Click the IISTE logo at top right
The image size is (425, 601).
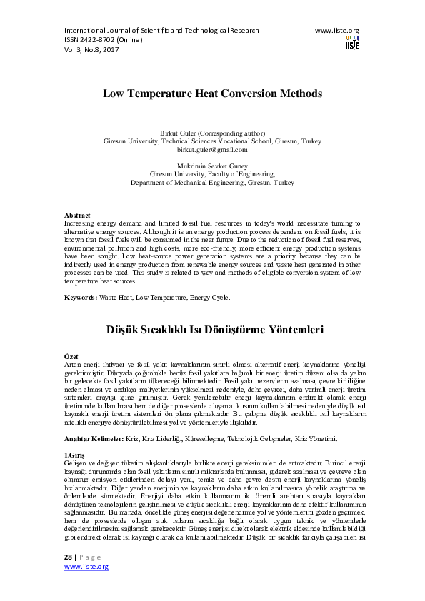[351, 43]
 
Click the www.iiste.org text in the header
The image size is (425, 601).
[336, 31]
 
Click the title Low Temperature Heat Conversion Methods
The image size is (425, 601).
[212, 94]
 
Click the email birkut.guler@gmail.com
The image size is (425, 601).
[212, 150]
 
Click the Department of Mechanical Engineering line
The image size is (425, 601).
[212, 183]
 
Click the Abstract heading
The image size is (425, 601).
[77, 215]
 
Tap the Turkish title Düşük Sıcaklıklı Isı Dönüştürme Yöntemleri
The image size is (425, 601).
[212, 330]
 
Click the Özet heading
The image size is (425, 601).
[71, 355]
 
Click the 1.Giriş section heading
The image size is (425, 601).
[74, 454]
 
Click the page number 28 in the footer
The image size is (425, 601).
[69, 556]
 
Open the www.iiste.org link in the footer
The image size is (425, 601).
[86, 566]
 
